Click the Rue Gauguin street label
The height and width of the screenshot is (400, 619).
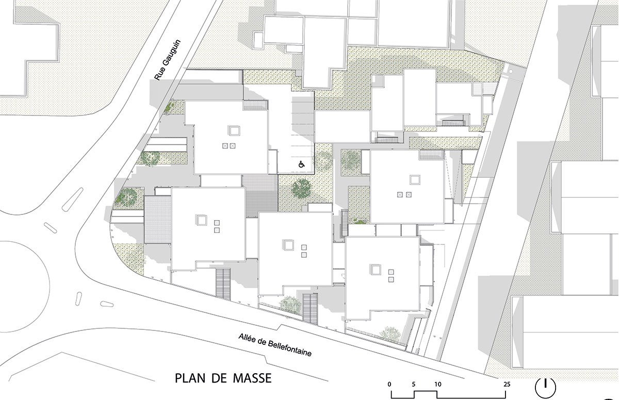coord(167,60)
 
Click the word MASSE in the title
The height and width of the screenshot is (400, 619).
coord(252,378)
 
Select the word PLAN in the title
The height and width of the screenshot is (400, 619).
coord(191,378)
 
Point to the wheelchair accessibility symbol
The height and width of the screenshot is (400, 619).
coord(301,164)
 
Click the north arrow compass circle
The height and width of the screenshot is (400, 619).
coord(545,387)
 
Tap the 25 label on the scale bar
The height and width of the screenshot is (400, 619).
coord(507,384)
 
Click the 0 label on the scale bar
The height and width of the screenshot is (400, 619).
coord(389,384)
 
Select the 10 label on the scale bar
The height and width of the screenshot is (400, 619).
coord(438,384)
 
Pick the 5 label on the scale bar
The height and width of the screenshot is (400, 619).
coord(413,384)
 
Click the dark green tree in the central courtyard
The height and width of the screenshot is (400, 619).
coord(301,188)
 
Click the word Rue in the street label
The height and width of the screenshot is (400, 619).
coord(158,75)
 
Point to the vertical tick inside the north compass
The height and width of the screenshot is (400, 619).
coord(545,384)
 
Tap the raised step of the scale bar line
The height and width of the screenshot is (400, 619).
coord(426,391)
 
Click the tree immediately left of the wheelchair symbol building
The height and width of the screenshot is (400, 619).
coord(150,158)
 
